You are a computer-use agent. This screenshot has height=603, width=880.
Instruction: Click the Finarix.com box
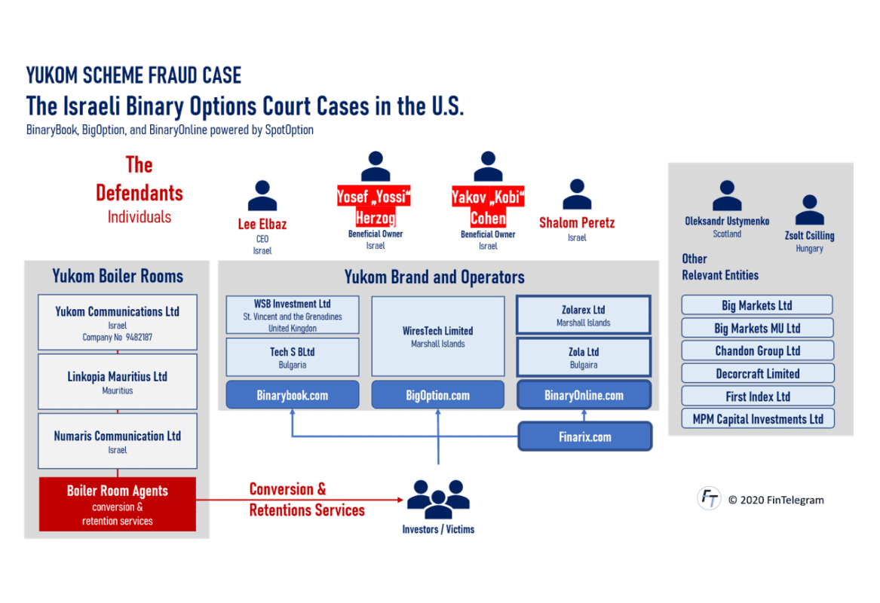click(x=584, y=436)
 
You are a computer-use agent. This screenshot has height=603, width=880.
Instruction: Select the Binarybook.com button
click(x=293, y=395)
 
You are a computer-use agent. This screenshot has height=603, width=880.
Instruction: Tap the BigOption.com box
click(x=438, y=395)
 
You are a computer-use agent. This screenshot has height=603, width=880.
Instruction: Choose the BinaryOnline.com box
click(x=584, y=395)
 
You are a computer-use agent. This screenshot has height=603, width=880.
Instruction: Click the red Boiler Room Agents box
click(x=118, y=504)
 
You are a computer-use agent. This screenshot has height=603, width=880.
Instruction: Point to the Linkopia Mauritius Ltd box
click(x=118, y=382)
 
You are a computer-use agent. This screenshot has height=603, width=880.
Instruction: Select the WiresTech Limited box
click(x=438, y=336)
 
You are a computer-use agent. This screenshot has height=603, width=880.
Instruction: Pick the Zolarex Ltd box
click(x=584, y=315)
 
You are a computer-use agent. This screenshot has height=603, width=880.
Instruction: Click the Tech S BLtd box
click(x=293, y=357)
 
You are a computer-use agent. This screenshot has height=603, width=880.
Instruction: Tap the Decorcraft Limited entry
click(x=758, y=374)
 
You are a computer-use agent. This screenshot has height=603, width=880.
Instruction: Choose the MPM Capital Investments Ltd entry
click(x=758, y=419)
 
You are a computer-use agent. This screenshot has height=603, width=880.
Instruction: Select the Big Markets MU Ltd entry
click(x=758, y=329)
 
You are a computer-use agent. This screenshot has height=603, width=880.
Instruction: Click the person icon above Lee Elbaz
click(x=262, y=196)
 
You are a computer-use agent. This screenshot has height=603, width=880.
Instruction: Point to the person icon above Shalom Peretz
click(x=577, y=194)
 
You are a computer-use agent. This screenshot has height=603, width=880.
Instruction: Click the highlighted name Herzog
click(x=376, y=219)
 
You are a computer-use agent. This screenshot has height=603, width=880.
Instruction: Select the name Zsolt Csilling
click(x=809, y=236)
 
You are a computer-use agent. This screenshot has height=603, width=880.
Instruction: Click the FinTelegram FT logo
click(x=709, y=498)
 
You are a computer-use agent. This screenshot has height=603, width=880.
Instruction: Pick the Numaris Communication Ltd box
click(x=118, y=441)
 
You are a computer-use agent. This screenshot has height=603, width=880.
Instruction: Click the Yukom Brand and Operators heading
click(x=434, y=277)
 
